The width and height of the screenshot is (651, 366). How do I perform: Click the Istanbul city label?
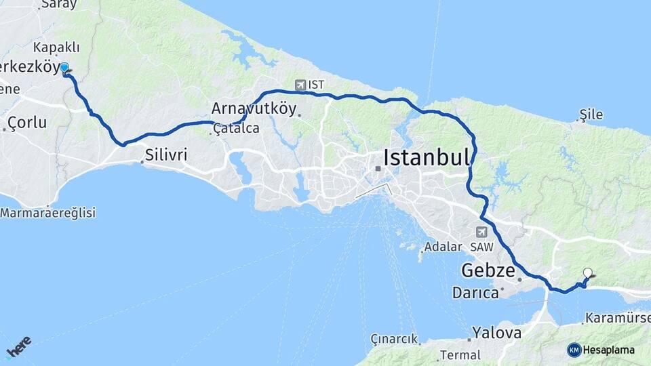coord(427,158)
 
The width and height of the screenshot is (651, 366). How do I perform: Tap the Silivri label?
coord(165,155)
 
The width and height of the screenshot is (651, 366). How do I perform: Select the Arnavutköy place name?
coord(254,108)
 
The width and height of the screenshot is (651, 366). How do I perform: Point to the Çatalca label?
coord(235,128)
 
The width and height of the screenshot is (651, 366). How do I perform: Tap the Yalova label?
coord(497,333)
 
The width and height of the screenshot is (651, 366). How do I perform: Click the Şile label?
coord(591,115)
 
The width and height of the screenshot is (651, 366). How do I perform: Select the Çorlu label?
coord(27,123)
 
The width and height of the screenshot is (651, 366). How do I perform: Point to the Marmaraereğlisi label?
coord(48,213)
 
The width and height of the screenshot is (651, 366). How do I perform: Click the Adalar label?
coord(443,247)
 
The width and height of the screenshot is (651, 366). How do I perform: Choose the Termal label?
coord(460,354)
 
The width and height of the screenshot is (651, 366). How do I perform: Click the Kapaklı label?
coord(56,47)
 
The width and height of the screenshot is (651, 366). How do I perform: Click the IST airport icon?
coord(300,85)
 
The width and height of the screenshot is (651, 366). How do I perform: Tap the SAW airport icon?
coord(481,231)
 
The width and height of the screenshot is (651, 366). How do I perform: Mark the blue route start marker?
coord(64,68)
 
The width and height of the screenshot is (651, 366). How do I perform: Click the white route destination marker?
coord(587,273)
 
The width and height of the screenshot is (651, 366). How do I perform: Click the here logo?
coord(19,346)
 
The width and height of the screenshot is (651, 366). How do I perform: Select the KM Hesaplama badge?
coord(601,350)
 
